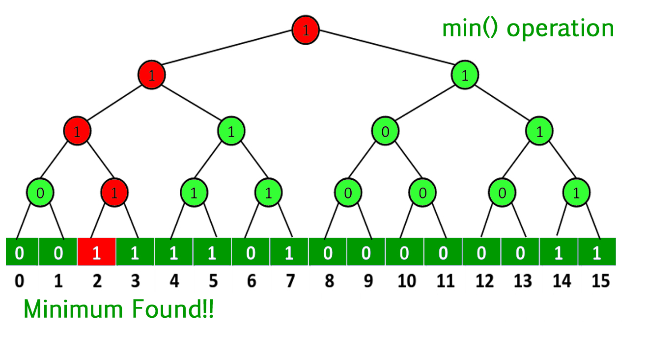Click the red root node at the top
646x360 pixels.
pos(305,30)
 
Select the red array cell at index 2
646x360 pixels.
pos(97,252)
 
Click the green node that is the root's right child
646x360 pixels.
pos(465,75)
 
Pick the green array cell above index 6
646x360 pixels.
pos(251,252)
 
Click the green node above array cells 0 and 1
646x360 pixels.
pos(40,193)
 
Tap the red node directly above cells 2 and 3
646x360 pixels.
pos(114,193)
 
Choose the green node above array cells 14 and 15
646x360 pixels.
pos(576,193)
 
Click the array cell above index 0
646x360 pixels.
pos(20,252)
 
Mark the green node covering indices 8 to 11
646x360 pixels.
pos(385,131)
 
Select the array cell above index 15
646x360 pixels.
pos(597,252)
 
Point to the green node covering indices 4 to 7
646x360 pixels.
pos(231,131)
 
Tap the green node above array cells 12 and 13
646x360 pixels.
pos(502,193)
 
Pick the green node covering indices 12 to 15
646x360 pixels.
pos(539,131)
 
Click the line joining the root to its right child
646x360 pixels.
pos(385,52)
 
